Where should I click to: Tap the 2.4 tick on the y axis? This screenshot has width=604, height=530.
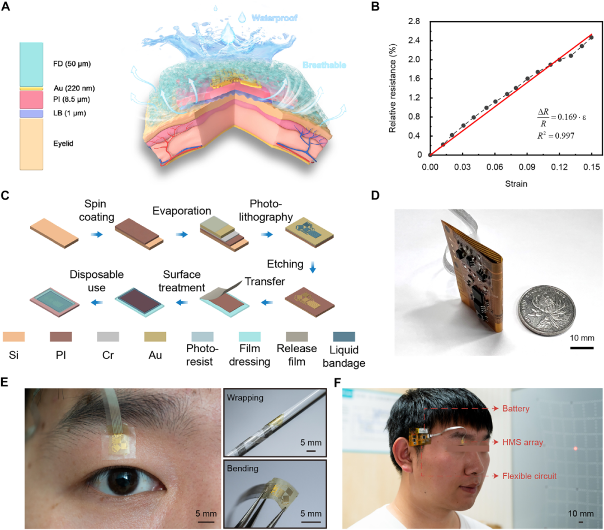[414, 40]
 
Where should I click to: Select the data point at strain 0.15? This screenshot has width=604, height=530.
[591, 37]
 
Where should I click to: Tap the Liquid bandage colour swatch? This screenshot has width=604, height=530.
[343, 337]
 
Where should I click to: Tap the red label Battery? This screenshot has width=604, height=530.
[516, 409]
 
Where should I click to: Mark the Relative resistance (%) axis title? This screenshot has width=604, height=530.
[393, 89]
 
